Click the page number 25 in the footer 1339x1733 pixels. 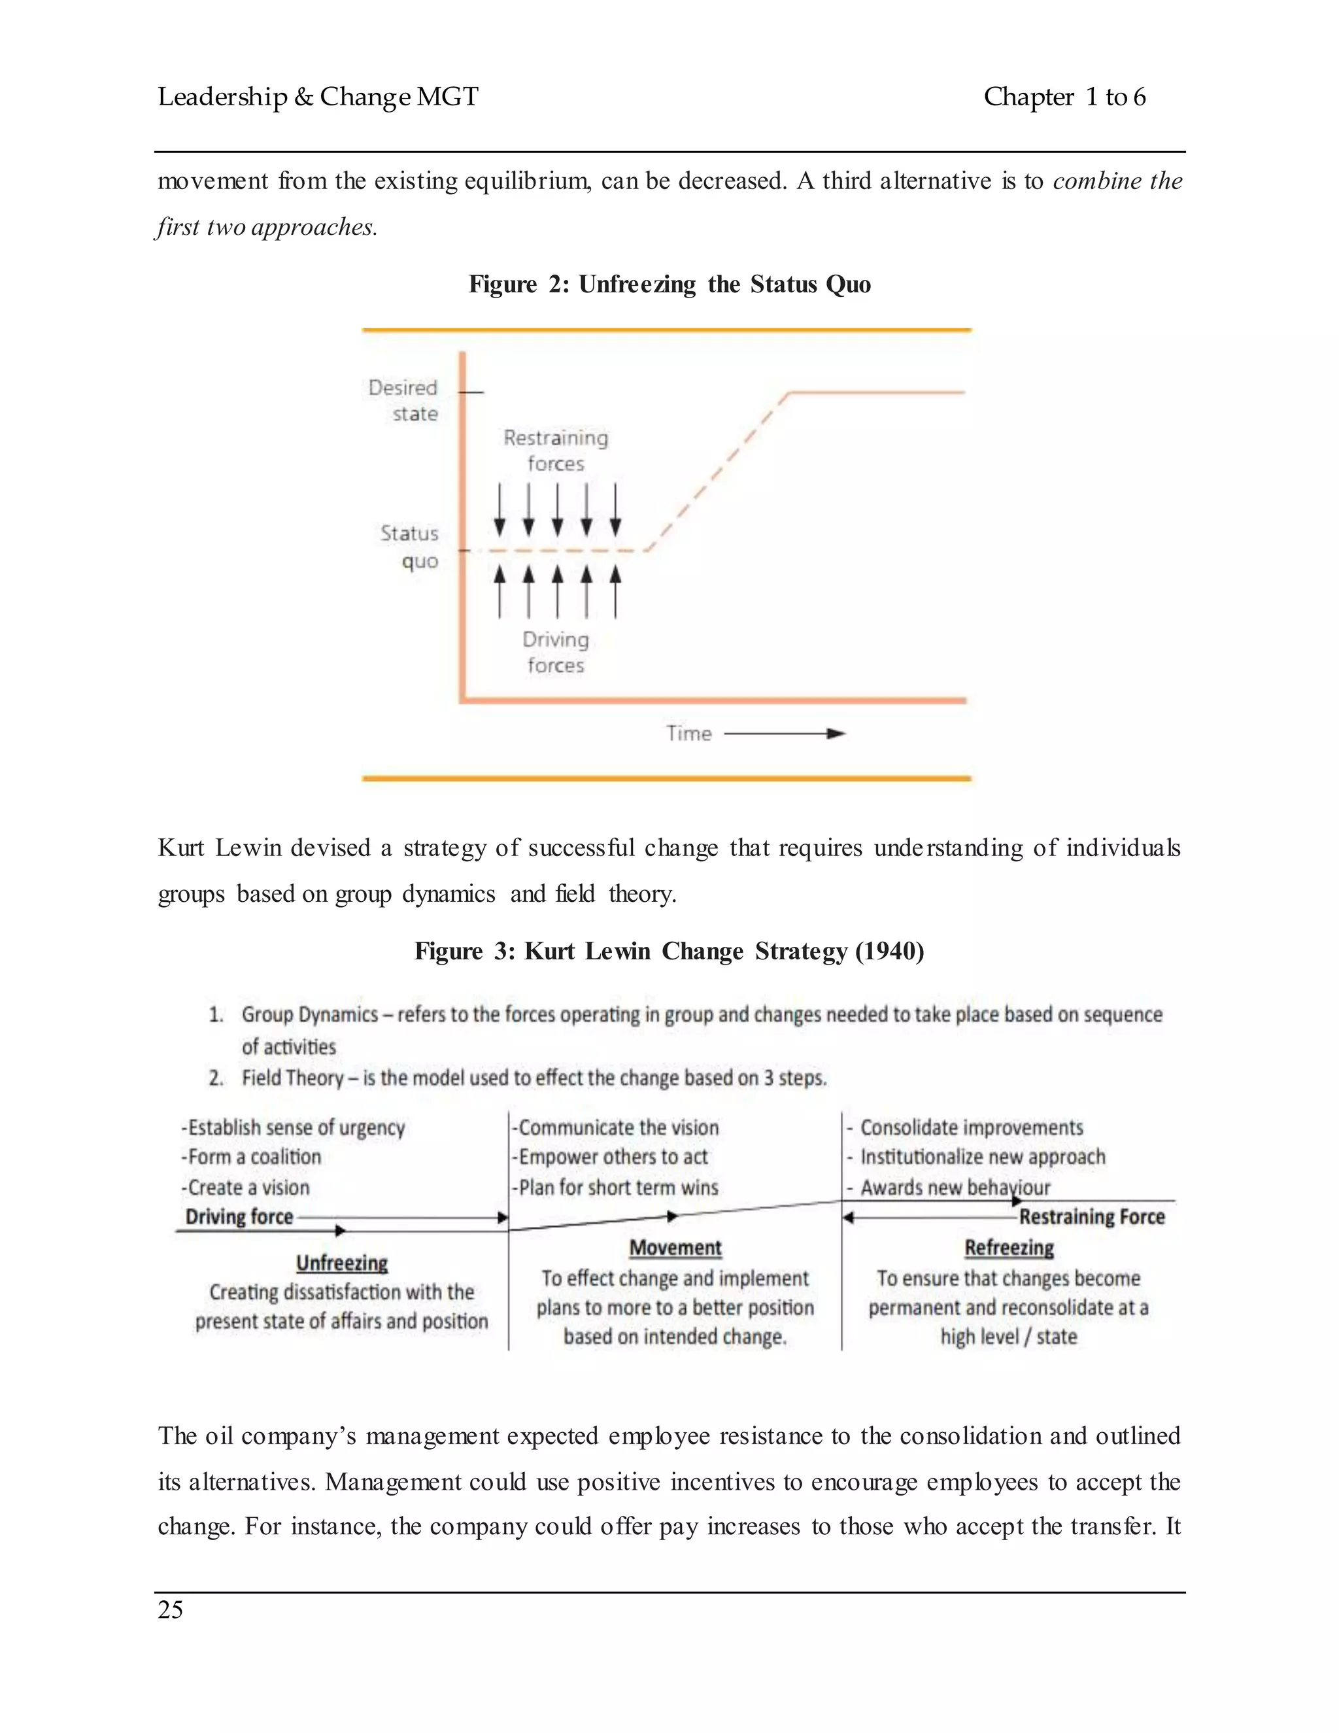tap(171, 1609)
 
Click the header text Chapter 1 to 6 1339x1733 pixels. tap(1064, 97)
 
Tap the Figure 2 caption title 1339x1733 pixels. tap(669, 284)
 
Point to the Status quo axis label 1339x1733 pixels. tap(409, 547)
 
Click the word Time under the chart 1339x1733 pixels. tap(688, 733)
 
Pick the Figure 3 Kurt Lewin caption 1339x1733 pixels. tap(669, 951)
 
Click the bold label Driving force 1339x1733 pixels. tap(239, 1216)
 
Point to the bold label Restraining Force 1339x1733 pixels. tap(1091, 1216)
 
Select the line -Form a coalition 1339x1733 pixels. tap(252, 1157)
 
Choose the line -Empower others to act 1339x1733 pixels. tap(611, 1157)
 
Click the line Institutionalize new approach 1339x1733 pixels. tap(982, 1157)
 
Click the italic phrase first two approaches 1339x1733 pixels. tap(267, 227)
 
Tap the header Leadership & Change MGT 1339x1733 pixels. tap(318, 97)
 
